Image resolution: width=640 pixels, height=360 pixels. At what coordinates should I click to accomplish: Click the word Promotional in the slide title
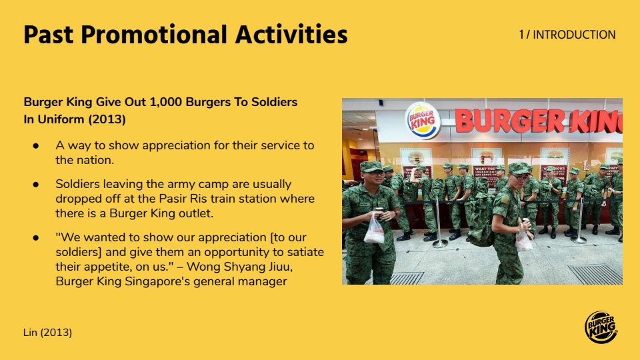(153, 34)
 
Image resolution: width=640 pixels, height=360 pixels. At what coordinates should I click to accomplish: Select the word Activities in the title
(291, 34)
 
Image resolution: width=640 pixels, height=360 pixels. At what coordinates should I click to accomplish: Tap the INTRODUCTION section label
(574, 35)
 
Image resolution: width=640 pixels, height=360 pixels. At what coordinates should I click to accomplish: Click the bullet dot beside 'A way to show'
(36, 146)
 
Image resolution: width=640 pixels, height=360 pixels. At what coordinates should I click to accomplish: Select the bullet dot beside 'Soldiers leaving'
(36, 184)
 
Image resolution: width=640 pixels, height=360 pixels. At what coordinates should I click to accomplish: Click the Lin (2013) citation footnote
(48, 333)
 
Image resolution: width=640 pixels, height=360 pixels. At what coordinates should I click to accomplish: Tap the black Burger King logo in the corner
(601, 327)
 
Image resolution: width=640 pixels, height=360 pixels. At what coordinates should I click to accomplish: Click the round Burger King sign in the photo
(423, 121)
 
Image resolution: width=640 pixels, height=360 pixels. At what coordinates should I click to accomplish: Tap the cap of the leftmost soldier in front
(371, 167)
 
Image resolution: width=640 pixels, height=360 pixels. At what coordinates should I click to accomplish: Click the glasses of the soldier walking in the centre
(519, 177)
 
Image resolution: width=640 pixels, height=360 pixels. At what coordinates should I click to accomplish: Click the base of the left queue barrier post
(440, 245)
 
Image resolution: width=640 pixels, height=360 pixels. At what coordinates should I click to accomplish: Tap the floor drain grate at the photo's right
(595, 274)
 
